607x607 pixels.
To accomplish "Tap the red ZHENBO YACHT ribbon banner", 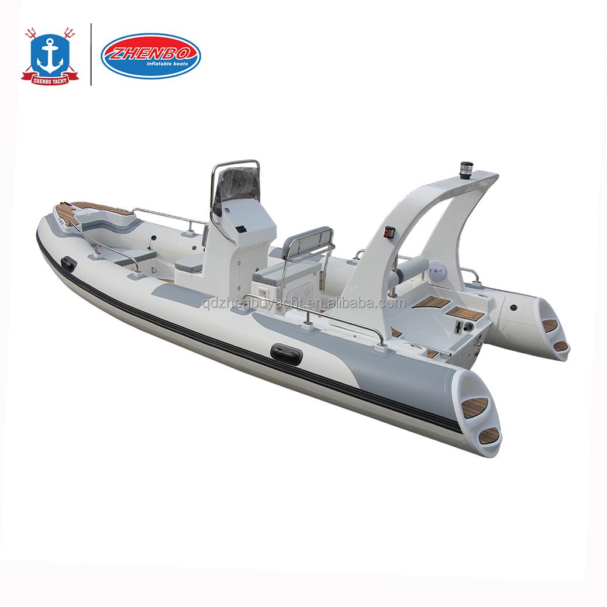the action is pos(50,79).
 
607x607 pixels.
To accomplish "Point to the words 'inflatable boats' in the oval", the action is pos(167,64).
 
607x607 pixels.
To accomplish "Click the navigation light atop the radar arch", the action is pos(465,170).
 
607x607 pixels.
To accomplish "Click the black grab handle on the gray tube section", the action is pos(286,353).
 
